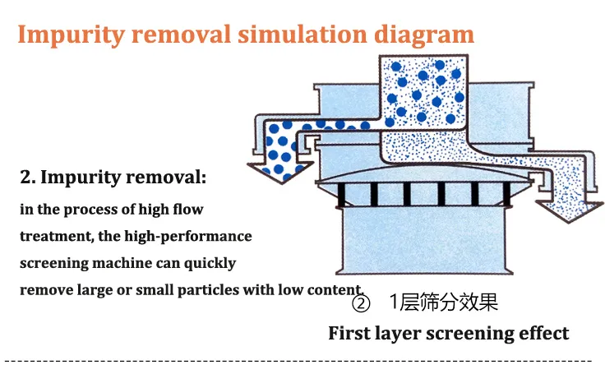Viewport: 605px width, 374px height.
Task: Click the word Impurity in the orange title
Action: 72,35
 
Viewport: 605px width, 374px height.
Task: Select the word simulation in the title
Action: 302,35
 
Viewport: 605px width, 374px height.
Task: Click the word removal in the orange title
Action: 181,35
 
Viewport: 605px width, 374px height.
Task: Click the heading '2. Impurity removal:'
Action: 113,178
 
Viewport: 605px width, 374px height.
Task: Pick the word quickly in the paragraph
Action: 210,263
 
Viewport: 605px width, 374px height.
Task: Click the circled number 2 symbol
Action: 361,303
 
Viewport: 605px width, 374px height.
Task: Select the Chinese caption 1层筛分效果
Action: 444,302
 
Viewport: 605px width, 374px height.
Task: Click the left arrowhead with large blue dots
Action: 280,172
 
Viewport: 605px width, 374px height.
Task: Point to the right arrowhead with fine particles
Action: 570,210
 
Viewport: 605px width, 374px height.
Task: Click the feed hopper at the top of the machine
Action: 423,93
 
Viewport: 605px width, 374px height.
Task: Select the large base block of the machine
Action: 424,241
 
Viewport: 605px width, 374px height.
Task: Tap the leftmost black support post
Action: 341,195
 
